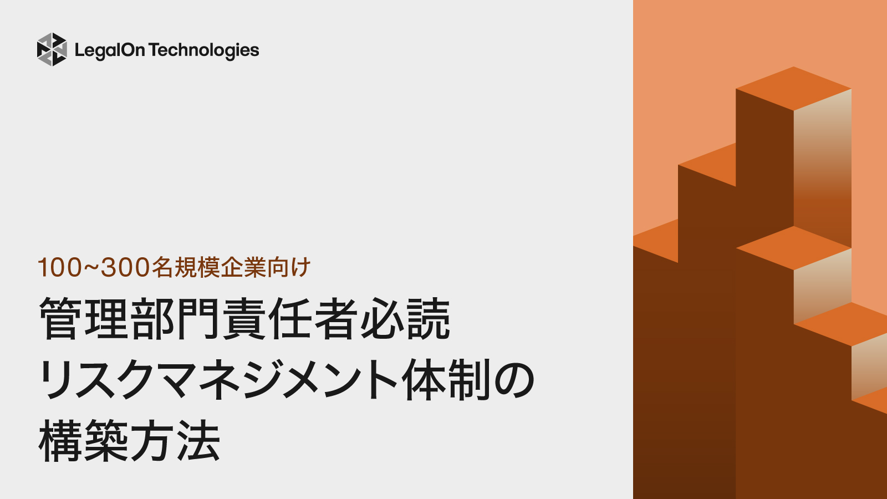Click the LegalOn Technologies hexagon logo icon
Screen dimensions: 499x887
(52, 49)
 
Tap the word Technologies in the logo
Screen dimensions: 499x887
(204, 50)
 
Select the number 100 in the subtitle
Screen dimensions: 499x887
(59, 267)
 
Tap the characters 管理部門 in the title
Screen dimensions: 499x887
(130, 319)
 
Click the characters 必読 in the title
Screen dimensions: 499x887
(405, 319)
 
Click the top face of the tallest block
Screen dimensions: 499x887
(793, 88)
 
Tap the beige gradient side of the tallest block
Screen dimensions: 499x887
(822, 166)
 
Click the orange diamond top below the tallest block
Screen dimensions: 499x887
(793, 248)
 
